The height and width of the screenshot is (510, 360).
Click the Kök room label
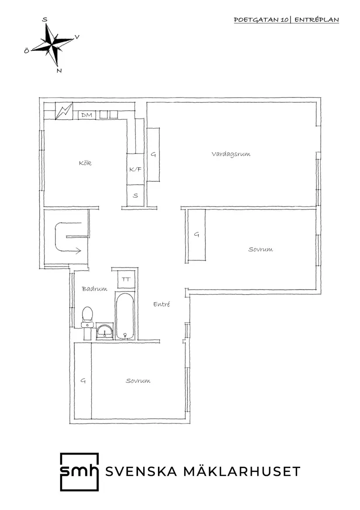[85, 163]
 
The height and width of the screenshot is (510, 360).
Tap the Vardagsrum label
[231, 154]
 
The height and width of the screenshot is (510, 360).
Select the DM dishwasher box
[87, 115]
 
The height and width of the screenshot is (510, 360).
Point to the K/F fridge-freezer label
[135, 169]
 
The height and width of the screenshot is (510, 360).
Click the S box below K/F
[135, 195]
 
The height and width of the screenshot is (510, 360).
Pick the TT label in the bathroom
[126, 279]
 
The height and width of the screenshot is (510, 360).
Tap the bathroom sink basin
[105, 332]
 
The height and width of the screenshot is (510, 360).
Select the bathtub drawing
[124, 316]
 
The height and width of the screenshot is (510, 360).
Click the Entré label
[161, 304]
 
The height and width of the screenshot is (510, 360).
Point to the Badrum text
[95, 289]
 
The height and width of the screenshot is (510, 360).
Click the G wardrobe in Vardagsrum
[153, 155]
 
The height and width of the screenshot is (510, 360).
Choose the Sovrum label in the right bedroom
[260, 250]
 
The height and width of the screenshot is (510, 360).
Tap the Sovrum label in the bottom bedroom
[138, 381]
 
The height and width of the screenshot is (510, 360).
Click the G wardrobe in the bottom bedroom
[83, 381]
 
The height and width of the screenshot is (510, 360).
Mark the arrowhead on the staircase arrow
[78, 250]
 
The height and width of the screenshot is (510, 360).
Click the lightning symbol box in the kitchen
[64, 111]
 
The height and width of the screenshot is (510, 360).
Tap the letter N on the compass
[59, 71]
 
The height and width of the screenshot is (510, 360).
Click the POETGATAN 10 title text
[261, 20]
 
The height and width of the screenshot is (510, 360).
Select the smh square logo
[79, 472]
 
